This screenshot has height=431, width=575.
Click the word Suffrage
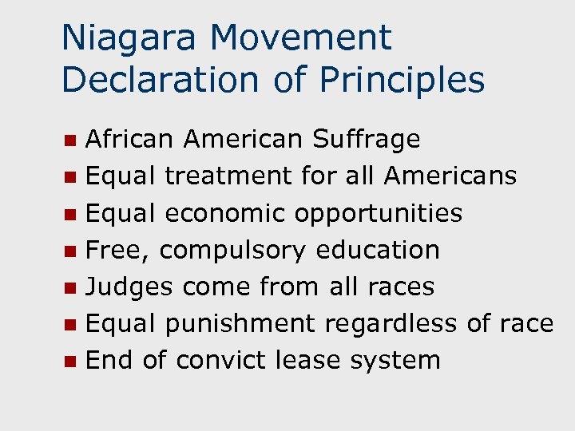point(366,140)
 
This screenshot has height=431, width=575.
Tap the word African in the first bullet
point(129,140)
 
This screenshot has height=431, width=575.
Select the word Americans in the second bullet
point(450,176)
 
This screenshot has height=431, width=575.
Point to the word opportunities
point(379,214)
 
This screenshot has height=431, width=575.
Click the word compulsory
point(232,251)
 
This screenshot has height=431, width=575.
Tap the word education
point(378,250)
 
